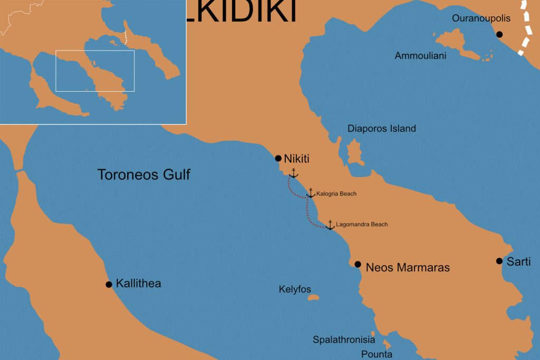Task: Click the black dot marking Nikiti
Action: (x=278, y=158)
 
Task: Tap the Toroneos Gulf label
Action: (x=143, y=174)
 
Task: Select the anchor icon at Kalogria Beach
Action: (x=311, y=193)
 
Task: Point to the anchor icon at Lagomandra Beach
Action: (x=330, y=225)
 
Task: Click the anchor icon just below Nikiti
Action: (x=294, y=173)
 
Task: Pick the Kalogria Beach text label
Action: (x=336, y=194)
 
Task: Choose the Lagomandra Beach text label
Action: (x=362, y=225)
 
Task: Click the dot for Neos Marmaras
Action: (x=358, y=265)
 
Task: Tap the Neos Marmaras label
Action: (x=408, y=268)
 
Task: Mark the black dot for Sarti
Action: (x=499, y=261)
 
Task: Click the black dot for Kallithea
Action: (x=109, y=285)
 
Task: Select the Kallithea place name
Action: (x=138, y=284)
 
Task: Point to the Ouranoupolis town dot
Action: (x=499, y=34)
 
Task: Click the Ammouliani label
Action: (x=420, y=56)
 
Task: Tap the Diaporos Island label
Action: (x=381, y=129)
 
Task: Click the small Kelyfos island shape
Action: (x=313, y=298)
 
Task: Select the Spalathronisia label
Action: (x=344, y=340)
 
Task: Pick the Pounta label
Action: (x=377, y=354)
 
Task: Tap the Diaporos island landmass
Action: (x=355, y=153)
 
